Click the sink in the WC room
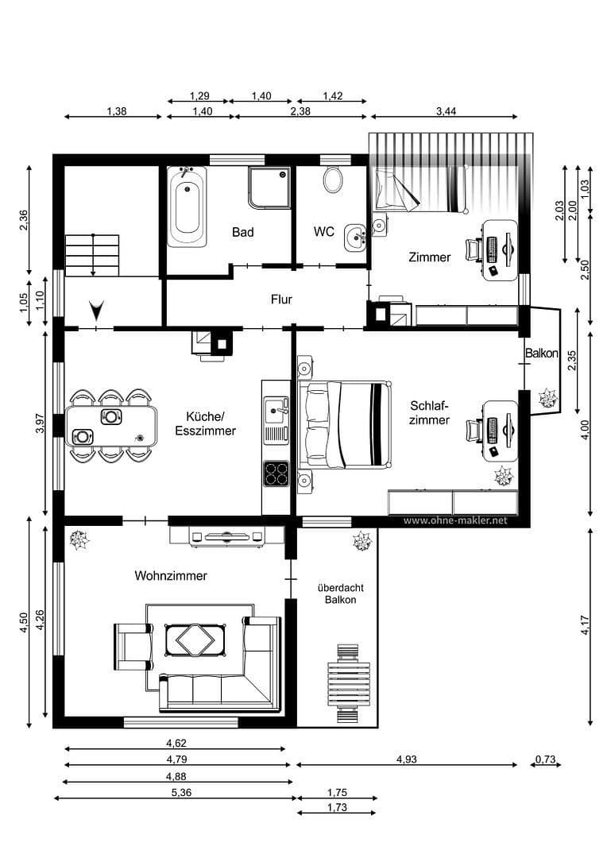(x=354, y=235)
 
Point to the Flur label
(x=281, y=300)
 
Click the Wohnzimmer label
(x=170, y=576)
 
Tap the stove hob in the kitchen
(x=276, y=473)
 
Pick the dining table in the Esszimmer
(x=111, y=426)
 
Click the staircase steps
(x=93, y=254)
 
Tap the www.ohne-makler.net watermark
(x=454, y=521)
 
